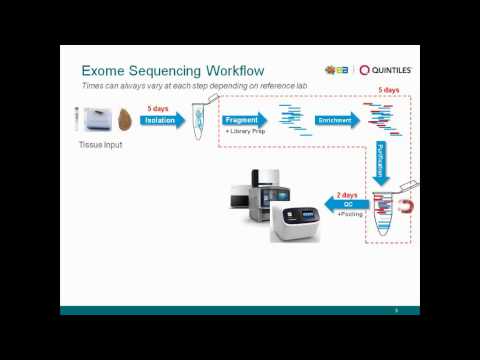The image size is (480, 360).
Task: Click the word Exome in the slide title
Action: point(102,71)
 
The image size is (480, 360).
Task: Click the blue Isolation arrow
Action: point(161,120)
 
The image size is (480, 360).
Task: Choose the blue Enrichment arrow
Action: point(336,120)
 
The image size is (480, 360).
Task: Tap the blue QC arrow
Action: point(345,205)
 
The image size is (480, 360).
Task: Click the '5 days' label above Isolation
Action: point(157,108)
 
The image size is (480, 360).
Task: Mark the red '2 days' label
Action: point(346,195)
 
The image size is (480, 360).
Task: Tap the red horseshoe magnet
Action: point(404,205)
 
